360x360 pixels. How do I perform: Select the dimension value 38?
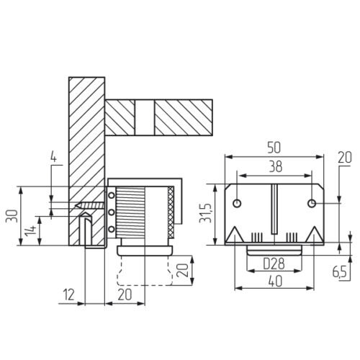(274, 166)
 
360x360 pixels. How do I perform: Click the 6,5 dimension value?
(341, 272)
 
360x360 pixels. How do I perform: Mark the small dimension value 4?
(53, 156)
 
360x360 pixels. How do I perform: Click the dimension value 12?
(68, 294)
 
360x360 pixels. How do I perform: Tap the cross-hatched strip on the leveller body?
(171, 214)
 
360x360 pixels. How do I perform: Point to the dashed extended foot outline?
(143, 272)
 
